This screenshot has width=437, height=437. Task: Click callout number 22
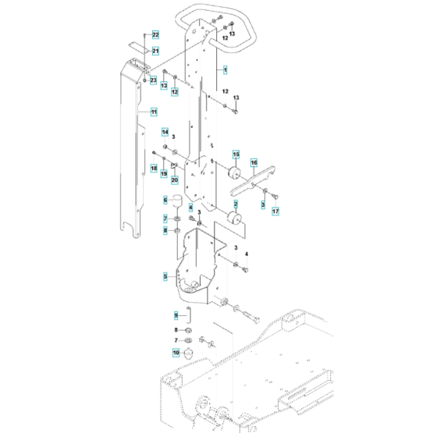[x=155, y=35]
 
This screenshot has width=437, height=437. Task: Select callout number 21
[x=155, y=52]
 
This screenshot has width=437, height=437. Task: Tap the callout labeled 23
[x=153, y=80]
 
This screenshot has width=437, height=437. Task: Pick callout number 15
[x=236, y=158]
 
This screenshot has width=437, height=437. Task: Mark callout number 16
[x=254, y=162]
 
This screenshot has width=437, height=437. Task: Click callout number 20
[x=175, y=180]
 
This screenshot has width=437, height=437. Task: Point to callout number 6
[x=165, y=201]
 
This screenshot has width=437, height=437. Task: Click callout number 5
[x=165, y=275]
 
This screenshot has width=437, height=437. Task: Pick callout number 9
[x=176, y=315]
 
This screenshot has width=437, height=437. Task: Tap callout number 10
[x=176, y=352]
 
